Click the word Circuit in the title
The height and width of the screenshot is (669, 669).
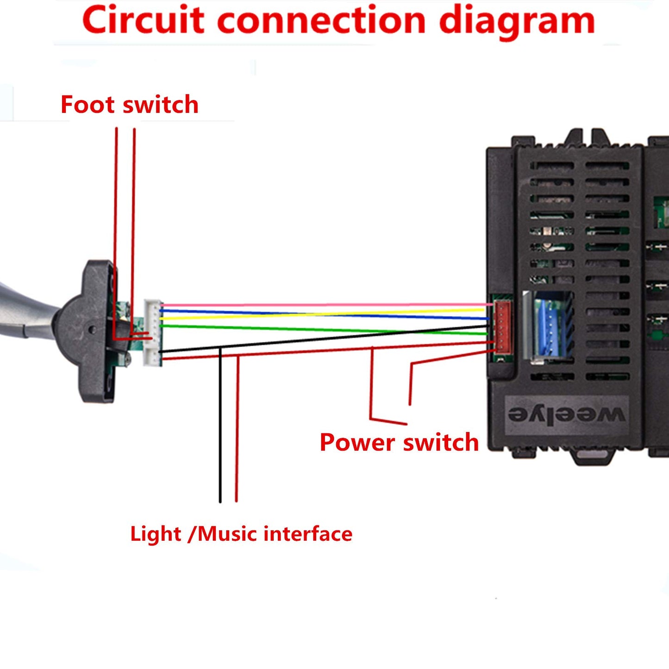(x=143, y=21)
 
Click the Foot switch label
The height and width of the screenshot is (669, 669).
(x=129, y=105)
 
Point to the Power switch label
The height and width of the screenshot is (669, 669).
(x=399, y=442)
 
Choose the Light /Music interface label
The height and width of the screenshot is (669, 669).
(x=241, y=534)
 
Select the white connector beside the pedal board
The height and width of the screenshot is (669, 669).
(x=152, y=332)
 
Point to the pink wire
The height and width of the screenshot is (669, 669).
(x=324, y=305)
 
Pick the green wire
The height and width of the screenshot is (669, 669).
(x=324, y=329)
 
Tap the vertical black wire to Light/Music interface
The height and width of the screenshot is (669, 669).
(x=220, y=426)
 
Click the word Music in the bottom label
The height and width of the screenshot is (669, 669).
(x=227, y=534)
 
